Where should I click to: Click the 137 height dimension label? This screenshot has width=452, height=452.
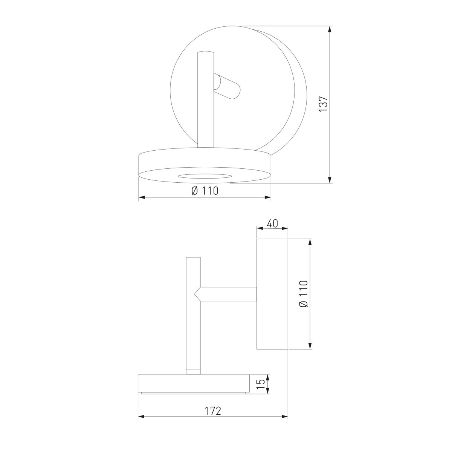323,104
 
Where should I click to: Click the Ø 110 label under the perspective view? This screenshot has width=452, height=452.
205,191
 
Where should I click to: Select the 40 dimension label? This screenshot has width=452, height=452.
272,223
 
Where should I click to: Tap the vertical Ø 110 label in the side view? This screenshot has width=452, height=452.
304,294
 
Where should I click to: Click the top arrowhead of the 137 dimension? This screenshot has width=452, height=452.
330,29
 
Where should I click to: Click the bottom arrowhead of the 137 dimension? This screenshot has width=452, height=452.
330,179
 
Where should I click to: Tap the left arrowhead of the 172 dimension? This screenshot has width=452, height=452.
142,423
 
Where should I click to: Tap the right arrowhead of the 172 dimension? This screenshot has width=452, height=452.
284,423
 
